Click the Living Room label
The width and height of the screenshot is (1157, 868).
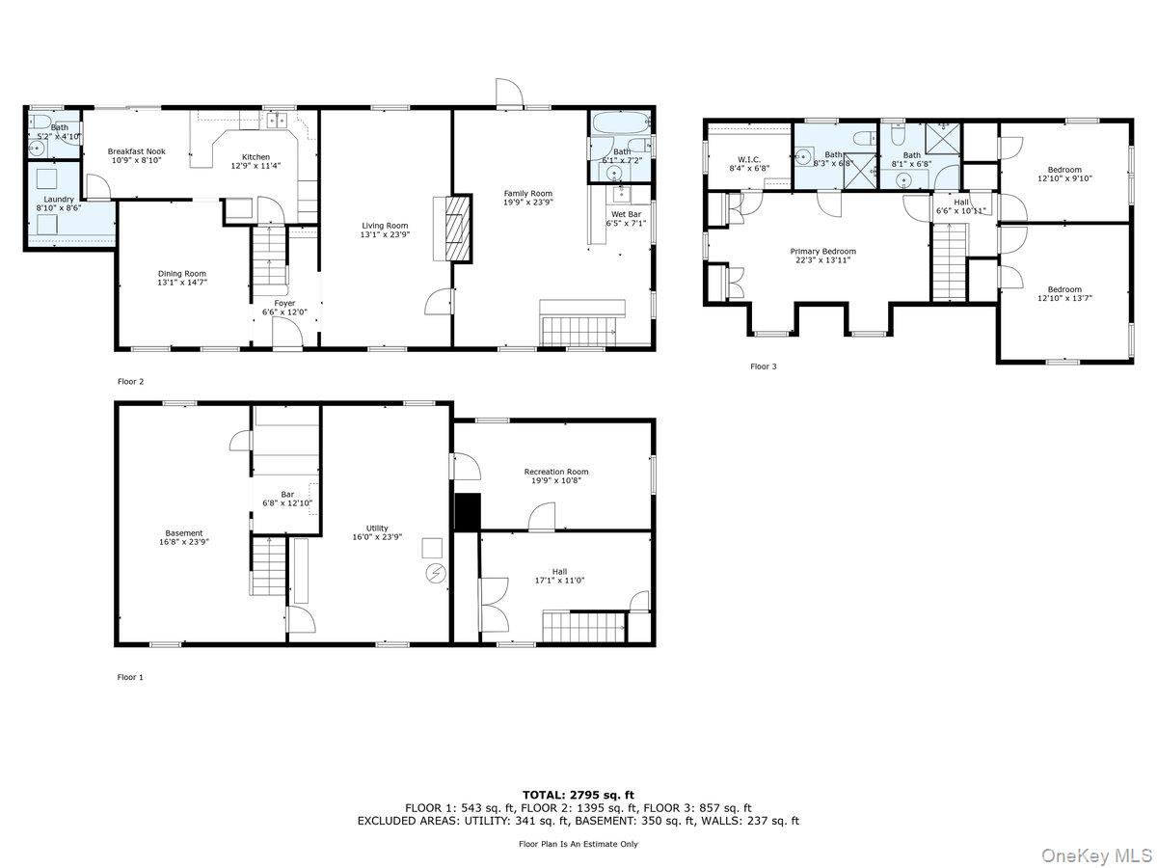point(385,226)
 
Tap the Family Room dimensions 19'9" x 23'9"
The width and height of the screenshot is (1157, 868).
point(527,202)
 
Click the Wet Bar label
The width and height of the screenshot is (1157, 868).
point(626,214)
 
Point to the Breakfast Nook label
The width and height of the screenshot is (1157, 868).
point(137,151)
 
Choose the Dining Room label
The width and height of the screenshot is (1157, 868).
point(182,274)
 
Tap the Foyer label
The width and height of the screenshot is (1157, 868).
point(284,303)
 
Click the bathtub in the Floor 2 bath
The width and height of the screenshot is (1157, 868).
point(620,122)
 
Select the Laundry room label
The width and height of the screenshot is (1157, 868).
point(59,200)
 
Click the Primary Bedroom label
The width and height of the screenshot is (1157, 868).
point(822,252)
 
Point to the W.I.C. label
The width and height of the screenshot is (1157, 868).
point(749,160)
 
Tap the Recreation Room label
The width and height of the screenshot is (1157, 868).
point(556,472)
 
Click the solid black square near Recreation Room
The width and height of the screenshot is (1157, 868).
point(468,512)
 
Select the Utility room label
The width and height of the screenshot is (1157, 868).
point(377,529)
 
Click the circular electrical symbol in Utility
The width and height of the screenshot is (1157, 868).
point(437,574)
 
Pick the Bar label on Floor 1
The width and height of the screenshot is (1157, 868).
point(287,495)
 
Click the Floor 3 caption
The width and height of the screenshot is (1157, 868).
point(764,366)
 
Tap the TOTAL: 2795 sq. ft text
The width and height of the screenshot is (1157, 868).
point(578,795)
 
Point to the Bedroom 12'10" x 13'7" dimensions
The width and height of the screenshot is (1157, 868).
point(1064,298)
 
